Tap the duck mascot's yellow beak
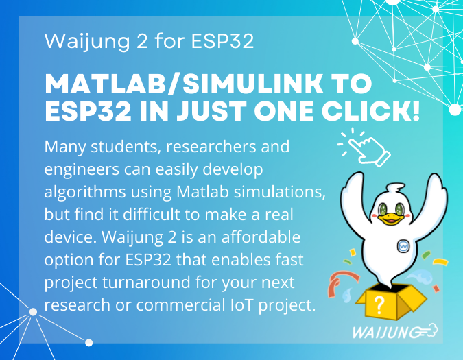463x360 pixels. (389, 218)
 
